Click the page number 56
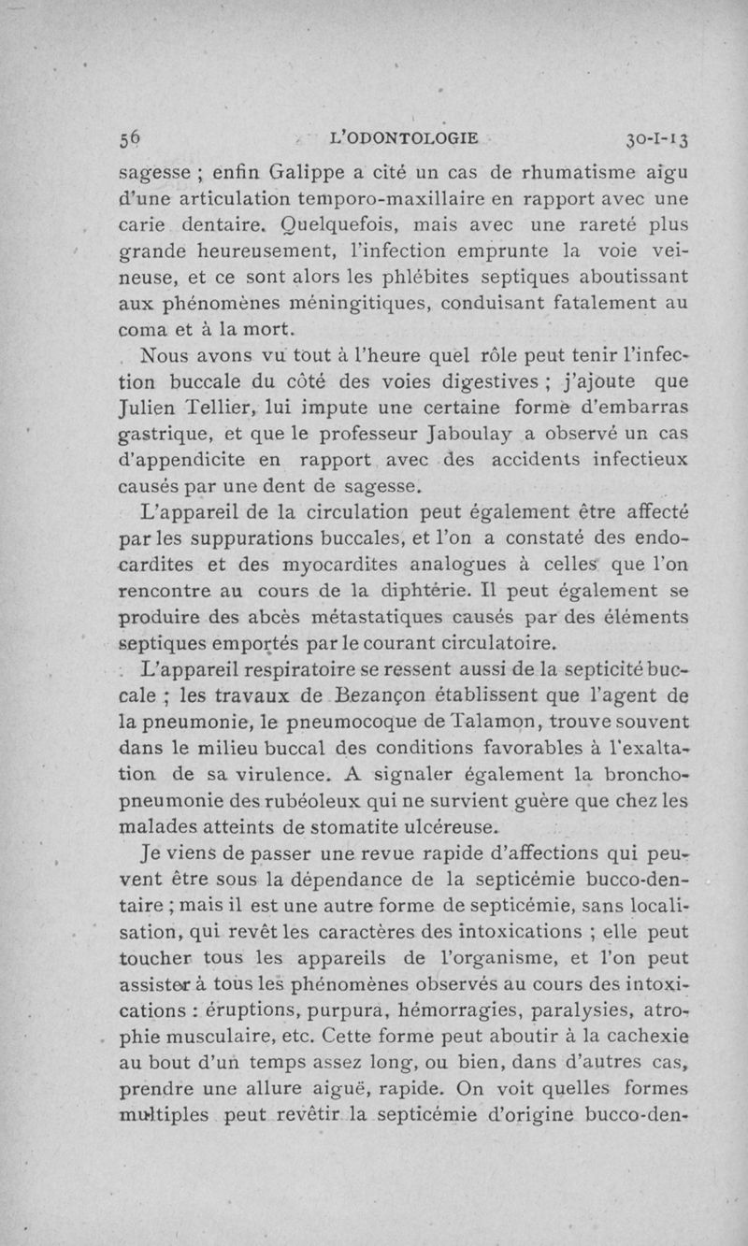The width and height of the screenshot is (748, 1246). tap(130, 139)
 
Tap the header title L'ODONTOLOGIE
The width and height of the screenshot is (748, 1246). tap(405, 139)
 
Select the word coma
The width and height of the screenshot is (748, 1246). tap(143, 329)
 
